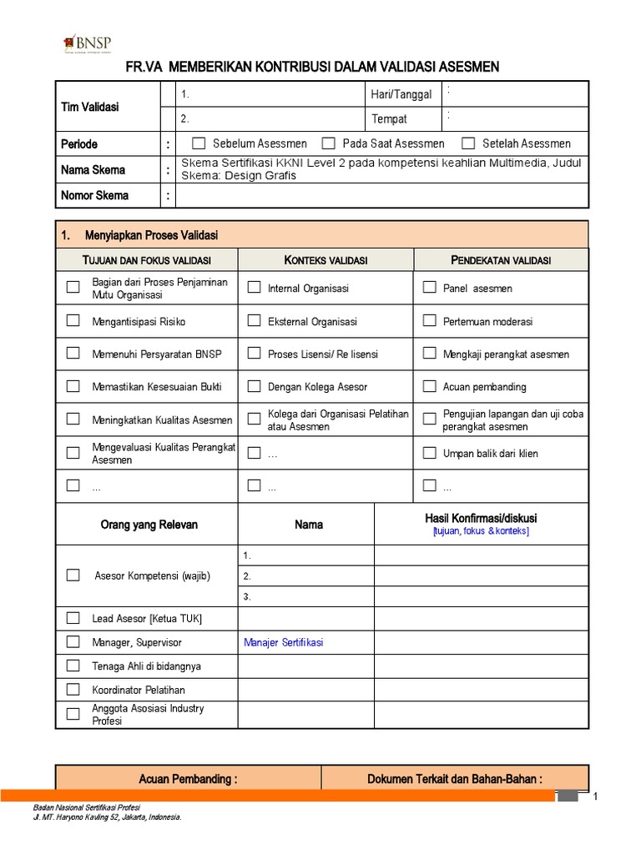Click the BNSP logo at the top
(x=87, y=43)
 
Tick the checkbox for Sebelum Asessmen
(x=199, y=143)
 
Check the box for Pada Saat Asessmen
(x=329, y=143)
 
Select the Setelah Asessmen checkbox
(x=468, y=143)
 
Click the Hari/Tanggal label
(x=401, y=94)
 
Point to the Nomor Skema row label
(x=95, y=195)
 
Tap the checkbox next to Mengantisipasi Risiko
(x=73, y=320)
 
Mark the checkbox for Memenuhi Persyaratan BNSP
(x=73, y=354)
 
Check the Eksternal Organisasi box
(x=254, y=320)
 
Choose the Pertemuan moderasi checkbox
(x=429, y=320)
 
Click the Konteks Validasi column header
(x=326, y=260)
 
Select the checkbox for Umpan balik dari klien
(x=429, y=453)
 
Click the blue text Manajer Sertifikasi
(x=283, y=642)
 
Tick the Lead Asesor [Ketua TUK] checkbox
(x=73, y=618)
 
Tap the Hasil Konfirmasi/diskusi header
(x=481, y=519)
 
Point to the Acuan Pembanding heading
(x=188, y=779)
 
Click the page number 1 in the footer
(x=596, y=798)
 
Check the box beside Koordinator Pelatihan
(x=73, y=690)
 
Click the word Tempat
(x=389, y=119)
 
